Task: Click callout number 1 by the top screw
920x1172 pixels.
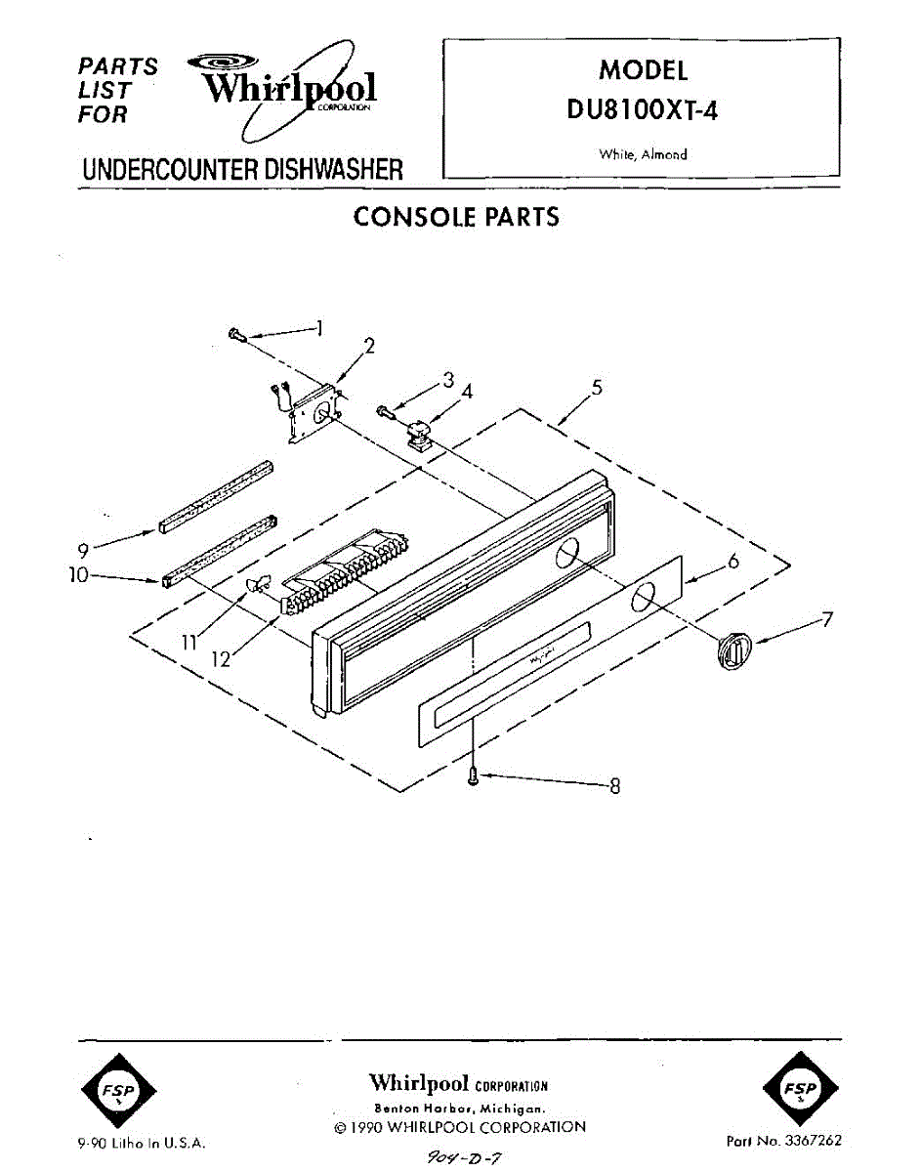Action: pyautogui.click(x=320, y=328)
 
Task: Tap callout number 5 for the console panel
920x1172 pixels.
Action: pyautogui.click(x=596, y=388)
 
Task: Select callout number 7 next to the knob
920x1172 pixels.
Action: pyautogui.click(x=826, y=619)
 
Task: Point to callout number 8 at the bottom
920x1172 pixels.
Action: pyautogui.click(x=614, y=785)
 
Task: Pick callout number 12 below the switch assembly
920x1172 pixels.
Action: pyautogui.click(x=222, y=659)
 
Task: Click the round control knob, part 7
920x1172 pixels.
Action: pyautogui.click(x=733, y=650)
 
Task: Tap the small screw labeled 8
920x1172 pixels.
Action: pyautogui.click(x=474, y=776)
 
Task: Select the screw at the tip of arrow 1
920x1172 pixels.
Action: pyautogui.click(x=235, y=335)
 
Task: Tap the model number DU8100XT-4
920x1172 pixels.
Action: pyautogui.click(x=643, y=110)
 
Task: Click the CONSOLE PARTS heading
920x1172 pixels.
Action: pyautogui.click(x=456, y=217)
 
